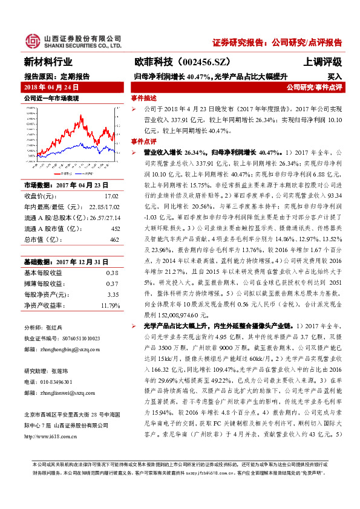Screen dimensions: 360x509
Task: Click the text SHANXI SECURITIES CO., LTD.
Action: pyautogui.click(x=82, y=45)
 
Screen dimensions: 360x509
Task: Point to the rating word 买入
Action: pyautogui.click(x=335, y=77)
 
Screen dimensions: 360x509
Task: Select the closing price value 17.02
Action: pyautogui.click(x=111, y=196)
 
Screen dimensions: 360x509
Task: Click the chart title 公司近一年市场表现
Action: pyautogui.click(x=51, y=98)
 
